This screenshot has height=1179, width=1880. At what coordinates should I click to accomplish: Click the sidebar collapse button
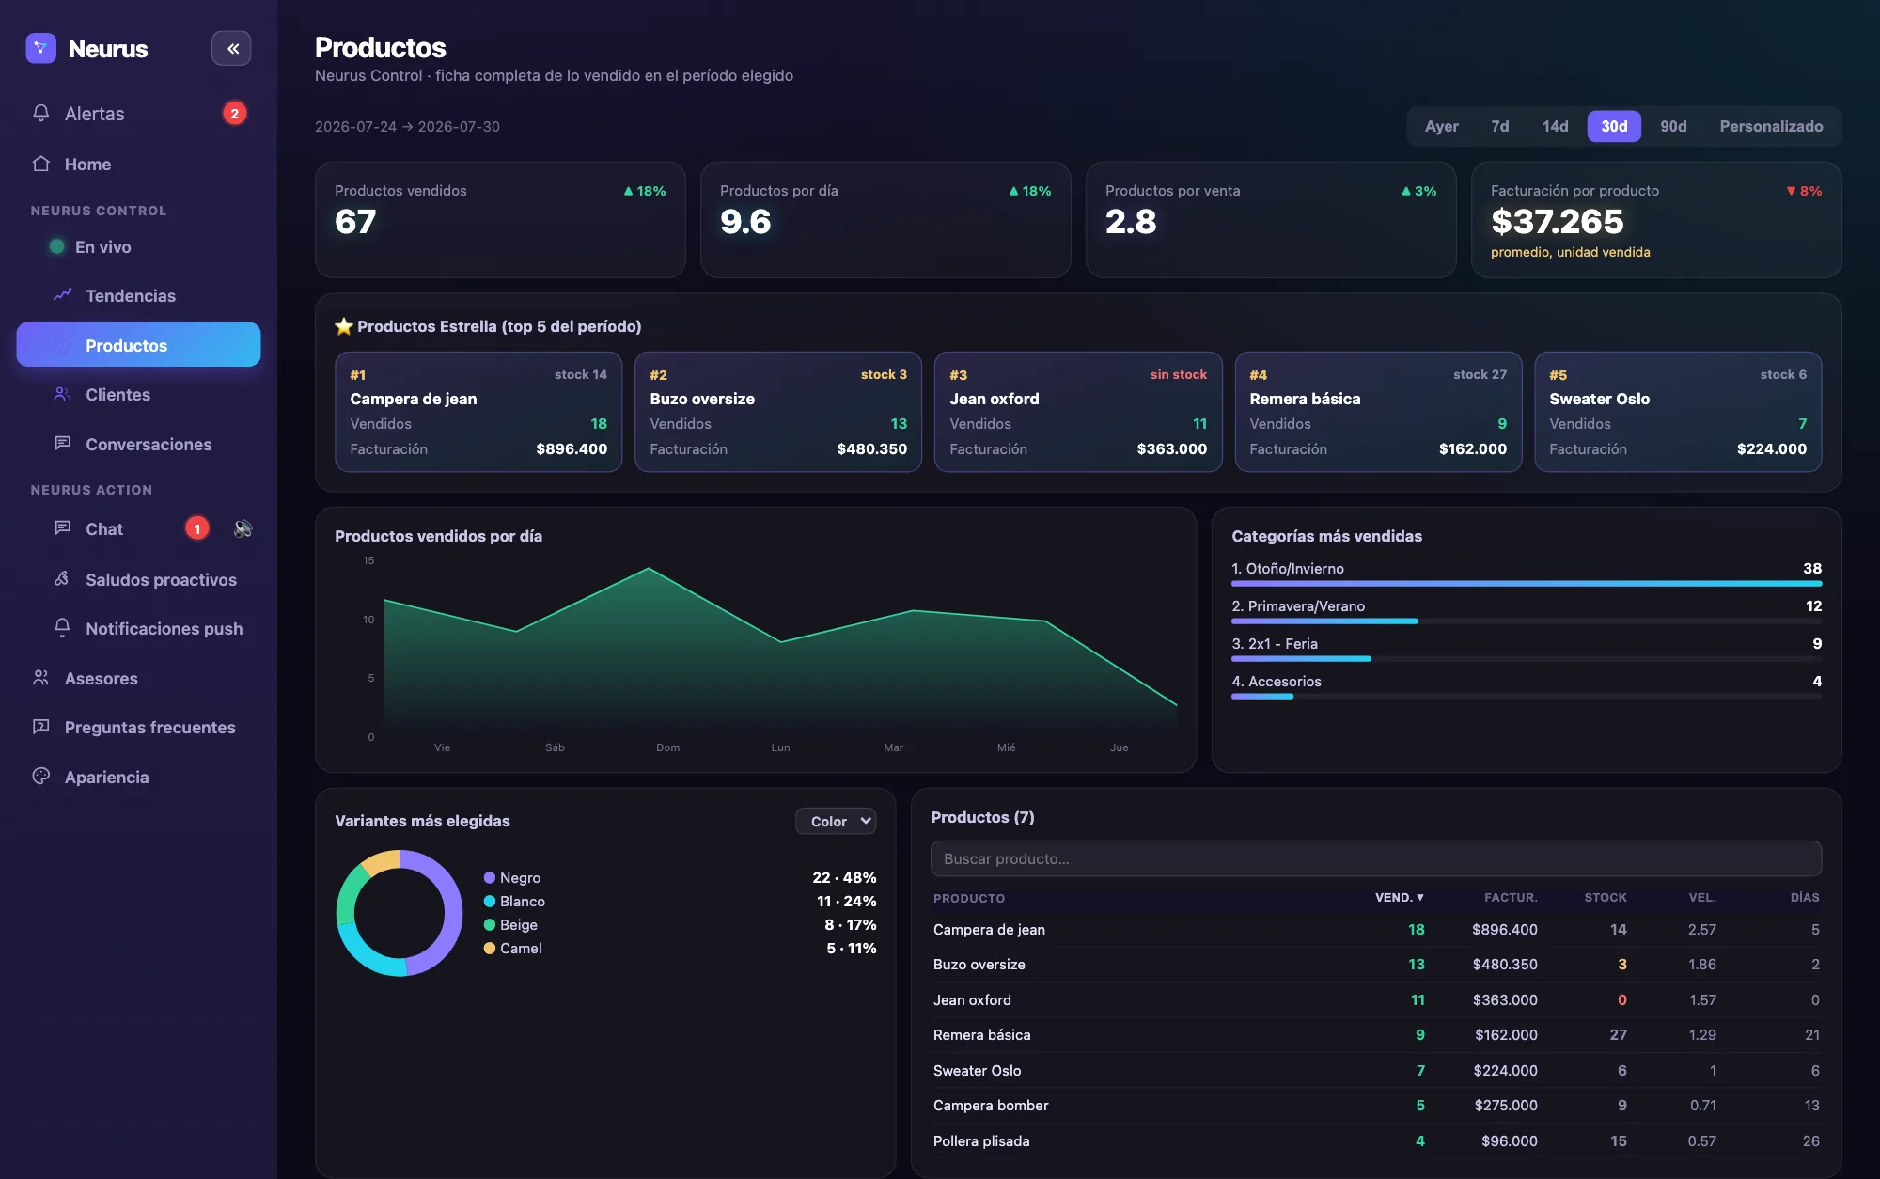(x=231, y=49)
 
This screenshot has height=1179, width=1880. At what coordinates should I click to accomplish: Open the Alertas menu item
(x=94, y=114)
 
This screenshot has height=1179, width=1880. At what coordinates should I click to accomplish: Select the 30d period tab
(x=1614, y=126)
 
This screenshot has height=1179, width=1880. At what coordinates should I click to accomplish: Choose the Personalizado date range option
(x=1771, y=126)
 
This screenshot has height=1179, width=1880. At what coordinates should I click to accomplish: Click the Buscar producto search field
(x=1376, y=858)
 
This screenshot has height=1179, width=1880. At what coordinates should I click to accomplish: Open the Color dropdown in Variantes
(x=836, y=821)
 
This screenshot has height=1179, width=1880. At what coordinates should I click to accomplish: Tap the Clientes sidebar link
(x=117, y=395)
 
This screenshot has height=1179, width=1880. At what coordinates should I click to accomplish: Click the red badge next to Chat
(x=197, y=529)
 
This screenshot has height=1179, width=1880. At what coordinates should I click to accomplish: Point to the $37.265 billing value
(x=1557, y=222)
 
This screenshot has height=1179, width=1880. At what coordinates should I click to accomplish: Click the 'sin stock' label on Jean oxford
(x=1178, y=374)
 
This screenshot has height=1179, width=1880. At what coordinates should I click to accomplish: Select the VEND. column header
(x=1399, y=898)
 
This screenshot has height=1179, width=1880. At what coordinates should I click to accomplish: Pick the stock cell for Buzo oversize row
(x=1621, y=965)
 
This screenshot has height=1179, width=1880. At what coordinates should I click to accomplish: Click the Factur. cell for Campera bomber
(x=1506, y=1106)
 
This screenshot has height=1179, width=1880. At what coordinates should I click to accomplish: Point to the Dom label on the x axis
(x=667, y=747)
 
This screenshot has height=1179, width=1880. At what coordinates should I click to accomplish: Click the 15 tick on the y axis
(x=368, y=560)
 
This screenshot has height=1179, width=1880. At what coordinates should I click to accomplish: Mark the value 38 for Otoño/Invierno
(x=1812, y=569)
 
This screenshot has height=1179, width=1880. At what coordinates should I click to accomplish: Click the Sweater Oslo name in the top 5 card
(x=1599, y=399)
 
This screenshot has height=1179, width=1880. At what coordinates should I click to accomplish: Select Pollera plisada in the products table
(x=981, y=1141)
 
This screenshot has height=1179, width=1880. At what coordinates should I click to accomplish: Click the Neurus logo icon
(x=40, y=49)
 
